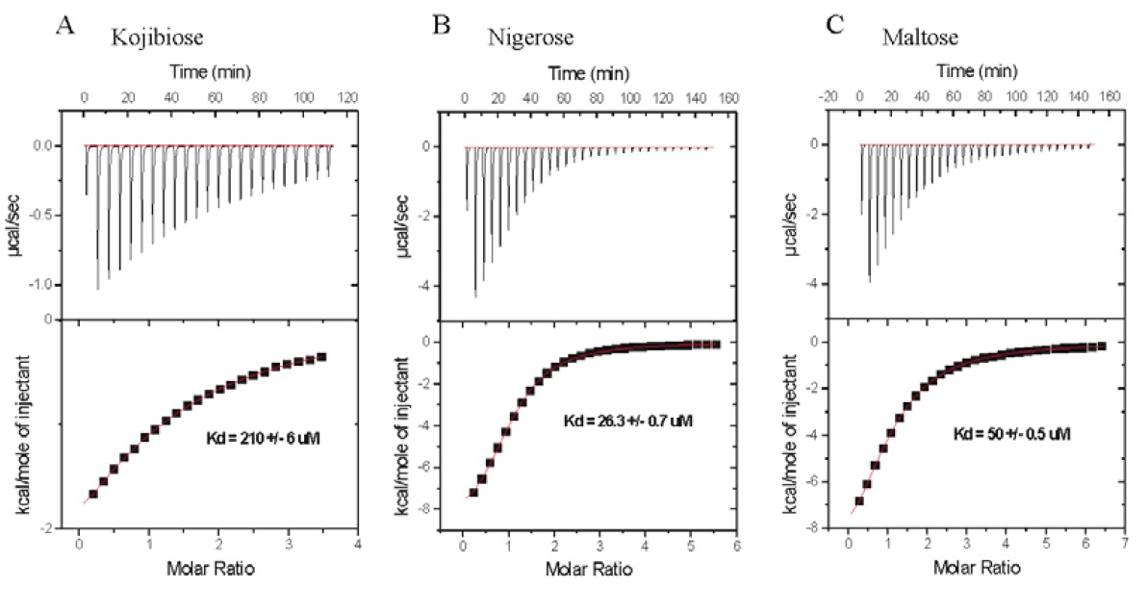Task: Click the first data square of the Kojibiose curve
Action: coord(93,494)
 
